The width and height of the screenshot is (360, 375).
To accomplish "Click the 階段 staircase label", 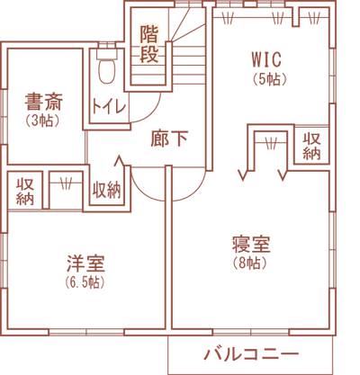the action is pos(149,44).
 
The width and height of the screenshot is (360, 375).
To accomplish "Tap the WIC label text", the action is pos(266,59).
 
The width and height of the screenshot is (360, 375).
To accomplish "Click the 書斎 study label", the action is pos(43,102).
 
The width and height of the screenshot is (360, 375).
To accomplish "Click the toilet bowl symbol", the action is pos(106,71).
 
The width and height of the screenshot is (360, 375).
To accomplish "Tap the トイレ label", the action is pos(109,106).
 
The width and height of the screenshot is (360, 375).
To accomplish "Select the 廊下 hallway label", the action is pos(169,138).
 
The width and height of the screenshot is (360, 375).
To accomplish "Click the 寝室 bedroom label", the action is pos(251,245).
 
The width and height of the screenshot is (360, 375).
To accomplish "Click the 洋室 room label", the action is pos(85,263).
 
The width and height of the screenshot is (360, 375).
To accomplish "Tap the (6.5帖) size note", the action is pos(85,281).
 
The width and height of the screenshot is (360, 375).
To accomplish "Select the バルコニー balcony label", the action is pos(251,354).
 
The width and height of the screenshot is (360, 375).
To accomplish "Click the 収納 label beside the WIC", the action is pos(311,146).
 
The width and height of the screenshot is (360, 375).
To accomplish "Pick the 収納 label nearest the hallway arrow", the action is pos(106,190).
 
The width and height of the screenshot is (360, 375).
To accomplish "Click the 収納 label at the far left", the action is pos(25,192).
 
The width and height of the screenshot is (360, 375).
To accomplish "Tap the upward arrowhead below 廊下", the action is pos(120,161).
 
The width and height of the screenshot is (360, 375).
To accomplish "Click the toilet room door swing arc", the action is pos(150,112).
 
